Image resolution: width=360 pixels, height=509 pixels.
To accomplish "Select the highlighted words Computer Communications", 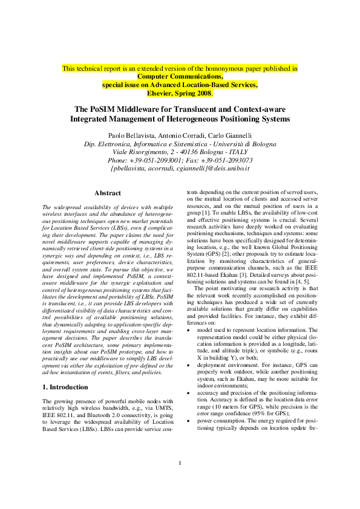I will click(180, 77).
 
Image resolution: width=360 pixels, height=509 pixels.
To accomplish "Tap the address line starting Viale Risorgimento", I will click(180, 152).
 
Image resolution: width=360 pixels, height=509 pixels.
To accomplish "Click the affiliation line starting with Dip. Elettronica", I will click(180, 143).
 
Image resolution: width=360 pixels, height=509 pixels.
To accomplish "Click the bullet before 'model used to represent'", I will click(189, 314).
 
